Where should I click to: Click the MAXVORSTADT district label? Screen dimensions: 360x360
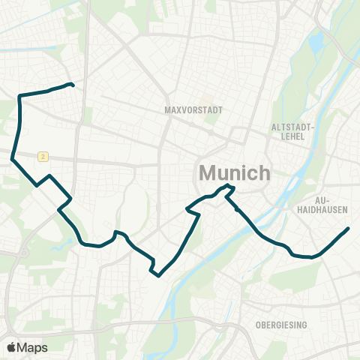pyautogui.click(x=193, y=109)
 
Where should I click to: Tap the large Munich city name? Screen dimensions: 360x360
pyautogui.click(x=234, y=173)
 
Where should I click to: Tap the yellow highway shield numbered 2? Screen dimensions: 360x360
pyautogui.click(x=44, y=156)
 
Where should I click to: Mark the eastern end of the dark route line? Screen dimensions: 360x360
pyautogui.click(x=348, y=229)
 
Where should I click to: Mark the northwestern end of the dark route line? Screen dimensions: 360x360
pyautogui.click(x=72, y=85)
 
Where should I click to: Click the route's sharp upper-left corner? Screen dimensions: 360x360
pyautogui.click(x=19, y=96)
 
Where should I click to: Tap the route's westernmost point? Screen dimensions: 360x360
pyautogui.click(x=12, y=158)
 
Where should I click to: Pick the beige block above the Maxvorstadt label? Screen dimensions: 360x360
pyautogui.click(x=184, y=98)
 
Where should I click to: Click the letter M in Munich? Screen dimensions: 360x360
pyautogui.click(x=208, y=173)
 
